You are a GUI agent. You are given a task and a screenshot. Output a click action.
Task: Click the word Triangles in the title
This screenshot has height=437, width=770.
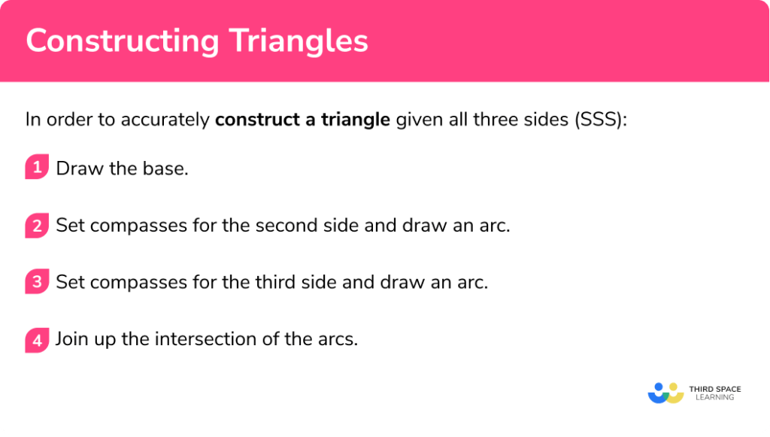click(300, 41)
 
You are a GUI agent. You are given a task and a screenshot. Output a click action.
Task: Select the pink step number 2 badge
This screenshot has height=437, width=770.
click(36, 225)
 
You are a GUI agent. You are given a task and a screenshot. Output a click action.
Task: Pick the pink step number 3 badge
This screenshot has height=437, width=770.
click(36, 282)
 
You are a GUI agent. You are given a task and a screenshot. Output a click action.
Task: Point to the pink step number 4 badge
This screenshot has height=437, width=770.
click(36, 339)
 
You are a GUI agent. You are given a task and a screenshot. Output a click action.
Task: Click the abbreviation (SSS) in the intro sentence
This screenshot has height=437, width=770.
click(598, 120)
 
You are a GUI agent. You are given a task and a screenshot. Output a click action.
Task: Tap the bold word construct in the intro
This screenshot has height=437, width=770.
click(250, 120)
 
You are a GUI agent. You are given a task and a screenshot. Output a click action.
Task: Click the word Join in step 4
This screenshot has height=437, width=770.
click(71, 339)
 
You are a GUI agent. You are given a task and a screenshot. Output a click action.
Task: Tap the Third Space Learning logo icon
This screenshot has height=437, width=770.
click(665, 392)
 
